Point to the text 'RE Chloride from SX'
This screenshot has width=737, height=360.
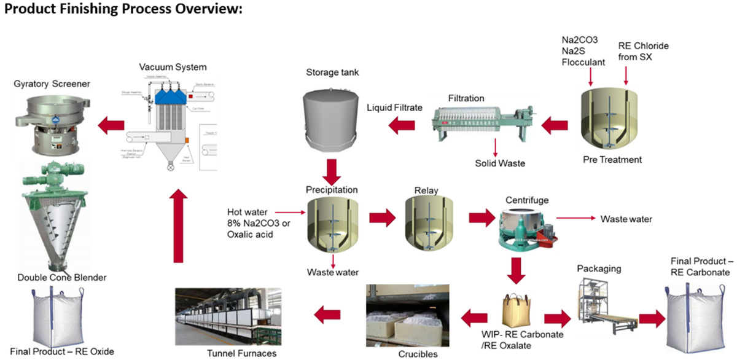coord(643,52)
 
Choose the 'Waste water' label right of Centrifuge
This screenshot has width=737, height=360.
coord(626,219)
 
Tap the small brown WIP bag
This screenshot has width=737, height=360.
coord(517,311)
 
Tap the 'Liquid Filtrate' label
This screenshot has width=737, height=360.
coord(394,108)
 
